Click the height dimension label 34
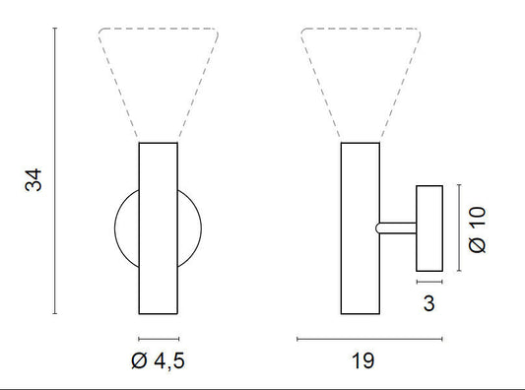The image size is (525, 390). (33, 180)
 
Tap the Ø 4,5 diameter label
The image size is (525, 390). (158, 360)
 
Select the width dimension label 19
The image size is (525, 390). (362, 360)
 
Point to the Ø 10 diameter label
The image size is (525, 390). (477, 229)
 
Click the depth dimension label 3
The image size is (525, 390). (428, 303)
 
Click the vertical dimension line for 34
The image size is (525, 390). (55, 170)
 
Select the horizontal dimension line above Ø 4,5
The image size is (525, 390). (159, 339)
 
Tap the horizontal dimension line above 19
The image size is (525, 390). (369, 339)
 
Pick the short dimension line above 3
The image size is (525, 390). (429, 282)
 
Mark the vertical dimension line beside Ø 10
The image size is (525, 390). (459, 227)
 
